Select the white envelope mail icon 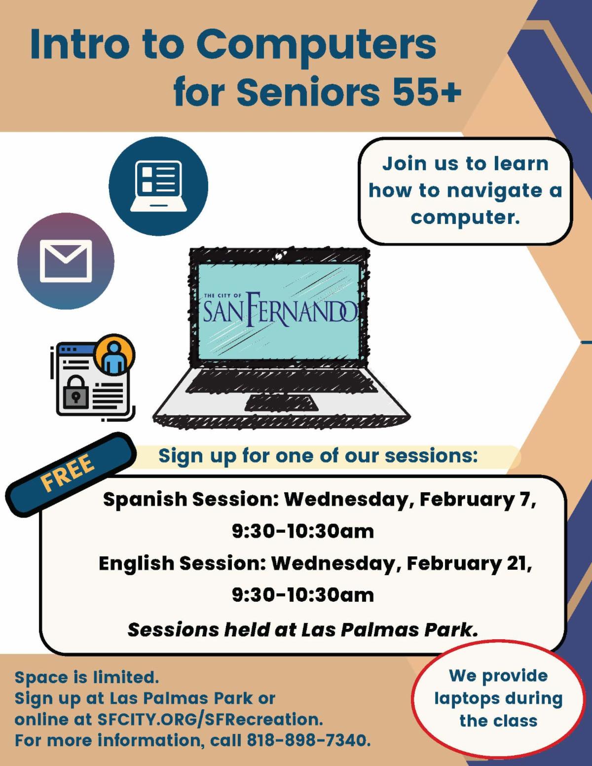coord(66,261)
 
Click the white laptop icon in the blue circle coord(158,186)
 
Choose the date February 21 coord(469,564)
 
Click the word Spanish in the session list coord(145,500)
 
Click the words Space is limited coord(87,677)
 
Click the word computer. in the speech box coord(465,217)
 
